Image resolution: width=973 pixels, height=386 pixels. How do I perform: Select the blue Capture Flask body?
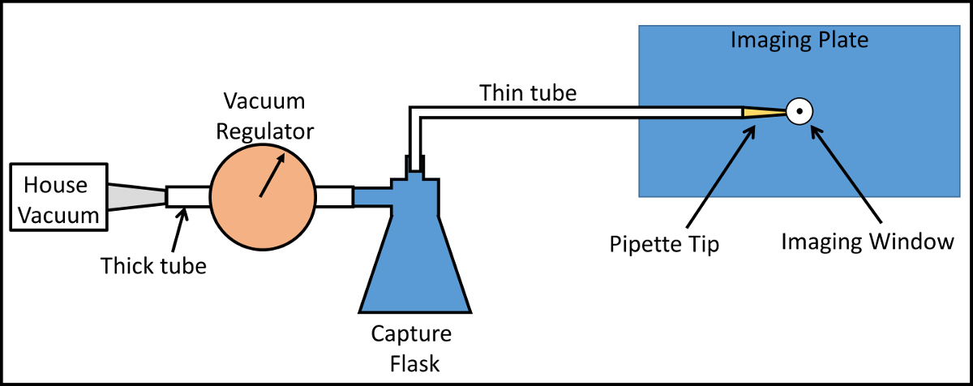(414, 259)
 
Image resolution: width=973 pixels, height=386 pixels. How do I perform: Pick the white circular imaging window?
(799, 112)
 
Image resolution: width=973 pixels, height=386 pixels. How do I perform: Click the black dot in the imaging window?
(799, 112)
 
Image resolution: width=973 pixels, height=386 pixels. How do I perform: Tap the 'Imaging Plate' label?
(799, 40)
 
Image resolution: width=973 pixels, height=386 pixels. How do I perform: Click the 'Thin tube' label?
(528, 92)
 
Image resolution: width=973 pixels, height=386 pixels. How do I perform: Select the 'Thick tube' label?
(154, 265)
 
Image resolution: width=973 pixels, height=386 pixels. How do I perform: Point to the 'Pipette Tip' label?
(665, 244)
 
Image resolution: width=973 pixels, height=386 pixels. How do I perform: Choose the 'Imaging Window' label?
(867, 242)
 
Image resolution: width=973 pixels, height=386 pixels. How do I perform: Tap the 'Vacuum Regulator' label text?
(264, 116)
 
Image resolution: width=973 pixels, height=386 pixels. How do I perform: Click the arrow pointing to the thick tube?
(179, 229)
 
